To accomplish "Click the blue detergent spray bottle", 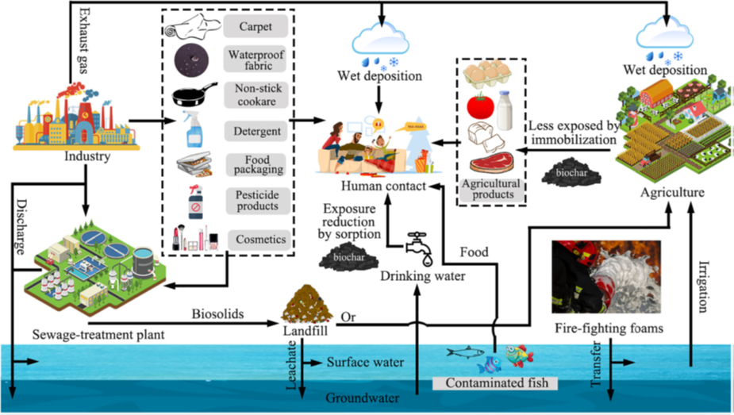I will pyautogui.click(x=194, y=129).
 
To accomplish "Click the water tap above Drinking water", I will pyautogui.click(x=419, y=246).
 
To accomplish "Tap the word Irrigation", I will pyautogui.click(x=704, y=286).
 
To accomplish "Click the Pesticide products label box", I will pyautogui.click(x=255, y=199).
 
